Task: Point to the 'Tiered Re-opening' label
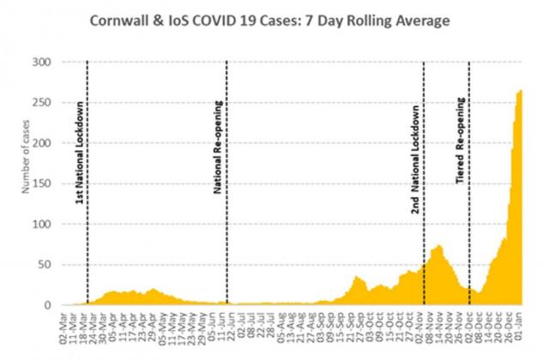[x=460, y=155]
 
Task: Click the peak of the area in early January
[x=519, y=92]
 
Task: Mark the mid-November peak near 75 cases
[x=438, y=247]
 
